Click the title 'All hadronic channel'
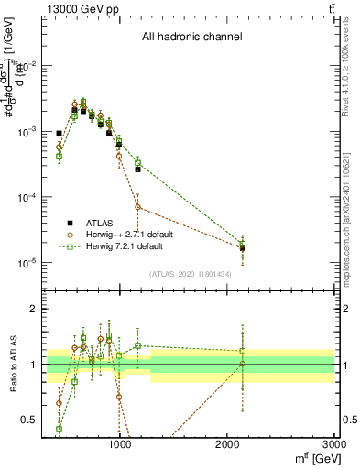(x=191, y=38)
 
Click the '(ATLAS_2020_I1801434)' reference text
(x=191, y=274)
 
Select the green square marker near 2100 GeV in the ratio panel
(x=243, y=351)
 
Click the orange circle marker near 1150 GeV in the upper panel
(x=137, y=207)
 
